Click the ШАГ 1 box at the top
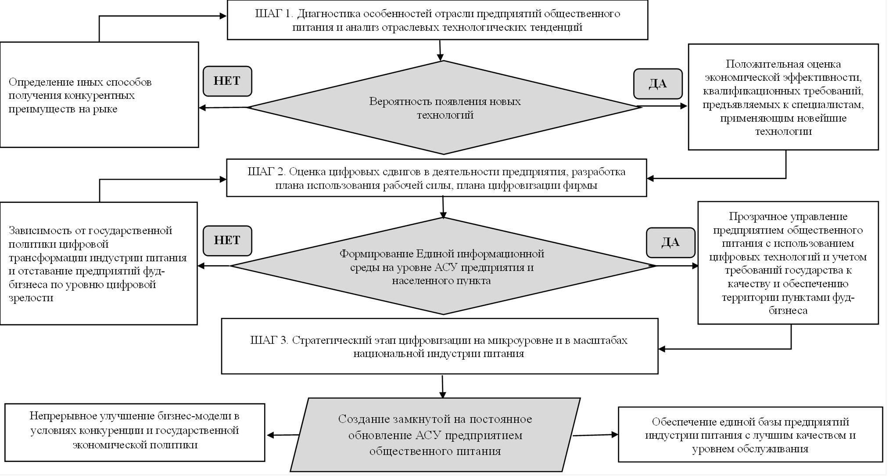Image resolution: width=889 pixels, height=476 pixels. (437, 20)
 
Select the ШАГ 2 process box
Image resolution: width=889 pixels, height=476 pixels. (436, 178)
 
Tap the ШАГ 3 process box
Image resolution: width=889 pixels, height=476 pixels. (439, 346)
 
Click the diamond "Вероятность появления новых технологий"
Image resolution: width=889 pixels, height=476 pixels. (444, 108)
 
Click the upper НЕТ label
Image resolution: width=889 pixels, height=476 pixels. (227, 81)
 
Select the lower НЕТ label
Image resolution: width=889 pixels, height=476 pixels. (227, 241)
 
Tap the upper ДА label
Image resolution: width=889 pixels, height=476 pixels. (658, 84)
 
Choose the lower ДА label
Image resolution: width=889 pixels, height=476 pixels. (670, 242)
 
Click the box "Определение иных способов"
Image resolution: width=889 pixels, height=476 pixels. (99, 95)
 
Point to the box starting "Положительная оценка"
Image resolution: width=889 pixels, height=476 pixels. (783, 97)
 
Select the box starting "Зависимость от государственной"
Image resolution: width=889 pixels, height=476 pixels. (98, 263)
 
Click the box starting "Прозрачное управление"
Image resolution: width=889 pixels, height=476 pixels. (788, 263)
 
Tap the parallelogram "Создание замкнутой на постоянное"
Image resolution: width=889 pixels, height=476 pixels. (435, 435)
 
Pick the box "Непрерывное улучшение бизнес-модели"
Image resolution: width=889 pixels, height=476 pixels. (135, 433)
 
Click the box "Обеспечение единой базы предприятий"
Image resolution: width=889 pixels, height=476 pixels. (750, 435)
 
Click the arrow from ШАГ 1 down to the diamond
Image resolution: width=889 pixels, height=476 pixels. (440, 50)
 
